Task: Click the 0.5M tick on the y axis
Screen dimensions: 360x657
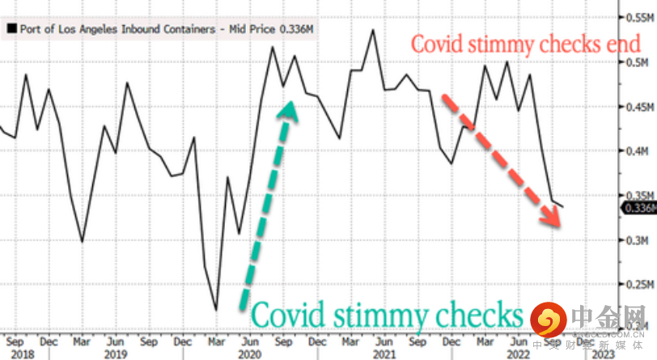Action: [x=635, y=62]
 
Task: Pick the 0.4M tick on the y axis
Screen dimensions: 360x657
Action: [x=635, y=151]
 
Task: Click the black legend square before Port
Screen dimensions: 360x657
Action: [x=11, y=30]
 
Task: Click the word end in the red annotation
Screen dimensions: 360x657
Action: [x=623, y=44]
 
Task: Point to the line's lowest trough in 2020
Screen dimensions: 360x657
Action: [x=216, y=308]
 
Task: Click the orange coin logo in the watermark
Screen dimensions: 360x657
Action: [x=549, y=320]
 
